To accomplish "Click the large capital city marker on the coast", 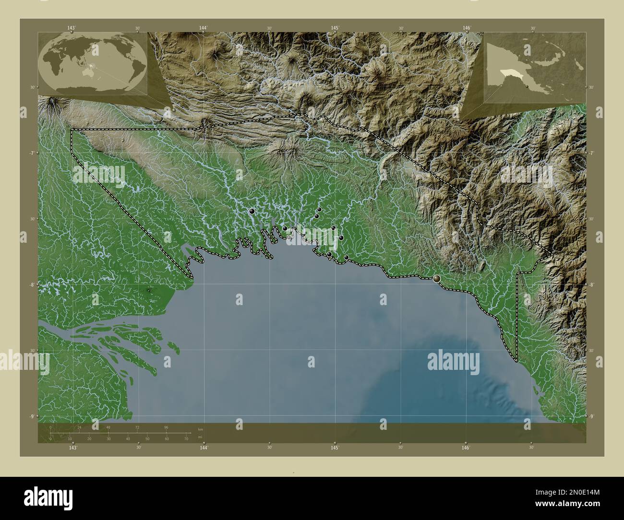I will (437, 278).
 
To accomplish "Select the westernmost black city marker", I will (252, 211).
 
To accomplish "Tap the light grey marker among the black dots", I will (289, 236).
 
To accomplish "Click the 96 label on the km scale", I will (166, 427).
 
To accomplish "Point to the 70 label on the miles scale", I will (186, 438).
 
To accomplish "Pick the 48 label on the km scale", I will (108, 427).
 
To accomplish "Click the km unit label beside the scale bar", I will (201, 429).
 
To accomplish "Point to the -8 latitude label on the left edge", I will (32, 284).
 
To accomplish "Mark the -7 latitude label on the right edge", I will (591, 153).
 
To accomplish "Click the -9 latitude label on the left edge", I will (32, 416).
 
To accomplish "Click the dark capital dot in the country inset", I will (528, 86).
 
